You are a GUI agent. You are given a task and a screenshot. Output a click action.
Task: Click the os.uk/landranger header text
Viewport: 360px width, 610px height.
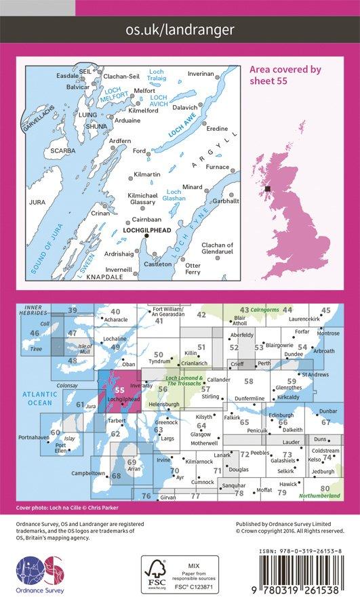[180, 29]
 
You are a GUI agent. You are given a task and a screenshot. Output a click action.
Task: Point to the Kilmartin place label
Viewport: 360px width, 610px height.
[147, 175]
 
